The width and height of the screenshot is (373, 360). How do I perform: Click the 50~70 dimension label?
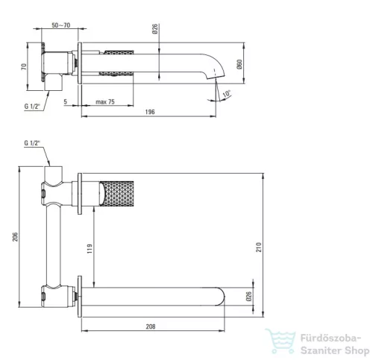tap(61, 25)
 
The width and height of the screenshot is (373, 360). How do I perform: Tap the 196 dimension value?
tap(150, 112)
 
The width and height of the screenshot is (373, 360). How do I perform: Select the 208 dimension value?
tap(151, 326)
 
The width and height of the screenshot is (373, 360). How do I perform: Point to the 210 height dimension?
tap(259, 247)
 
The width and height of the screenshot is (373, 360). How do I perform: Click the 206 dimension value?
tap(15, 237)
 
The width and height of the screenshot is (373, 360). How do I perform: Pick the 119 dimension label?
tap(90, 249)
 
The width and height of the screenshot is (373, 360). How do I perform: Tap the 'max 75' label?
tap(105, 102)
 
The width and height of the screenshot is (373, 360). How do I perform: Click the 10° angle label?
tap(227, 94)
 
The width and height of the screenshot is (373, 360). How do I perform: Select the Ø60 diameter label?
tap(239, 64)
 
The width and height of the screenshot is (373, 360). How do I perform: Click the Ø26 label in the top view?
tap(154, 29)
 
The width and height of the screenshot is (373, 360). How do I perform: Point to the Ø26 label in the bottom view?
tap(248, 296)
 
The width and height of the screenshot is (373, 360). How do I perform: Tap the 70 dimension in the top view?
tap(24, 66)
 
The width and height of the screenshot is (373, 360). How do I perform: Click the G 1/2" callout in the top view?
tap(32, 107)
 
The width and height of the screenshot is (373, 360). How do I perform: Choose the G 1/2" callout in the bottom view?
tap(32, 143)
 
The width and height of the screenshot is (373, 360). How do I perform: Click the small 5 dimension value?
tap(66, 101)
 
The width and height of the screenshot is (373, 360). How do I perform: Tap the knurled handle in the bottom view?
tap(117, 194)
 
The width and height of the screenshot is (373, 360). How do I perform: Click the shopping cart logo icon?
tap(280, 341)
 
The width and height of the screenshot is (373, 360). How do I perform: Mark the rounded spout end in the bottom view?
tap(220, 297)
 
